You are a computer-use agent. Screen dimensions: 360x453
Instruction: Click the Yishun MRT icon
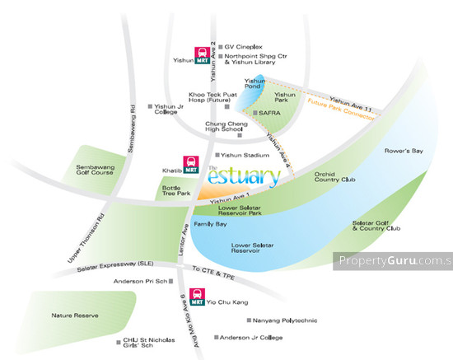[x=201, y=55]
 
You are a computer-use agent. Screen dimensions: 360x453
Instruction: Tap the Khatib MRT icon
[x=192, y=165]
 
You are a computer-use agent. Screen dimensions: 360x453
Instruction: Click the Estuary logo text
[x=235, y=176]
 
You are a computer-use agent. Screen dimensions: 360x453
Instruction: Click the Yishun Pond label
[x=254, y=83]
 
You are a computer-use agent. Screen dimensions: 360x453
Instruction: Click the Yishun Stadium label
[x=245, y=154]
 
